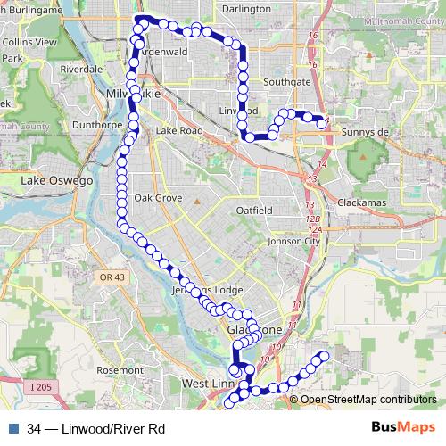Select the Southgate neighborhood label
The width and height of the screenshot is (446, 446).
(286, 81)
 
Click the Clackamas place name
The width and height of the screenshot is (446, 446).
(359, 202)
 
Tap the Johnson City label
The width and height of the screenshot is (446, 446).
(293, 241)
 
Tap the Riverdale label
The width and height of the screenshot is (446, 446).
(81, 68)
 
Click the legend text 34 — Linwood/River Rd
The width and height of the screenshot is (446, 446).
(96, 428)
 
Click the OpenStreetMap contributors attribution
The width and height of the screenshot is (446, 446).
(368, 400)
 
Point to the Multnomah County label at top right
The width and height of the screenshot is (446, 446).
(392, 30)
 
